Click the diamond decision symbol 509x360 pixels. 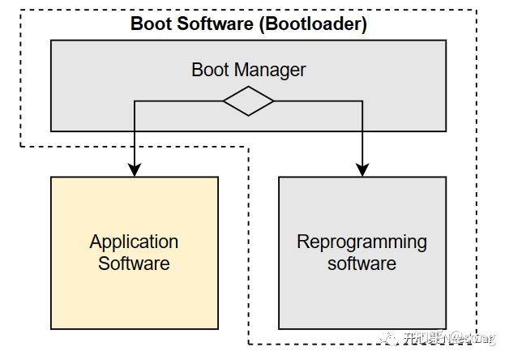pos(249,101)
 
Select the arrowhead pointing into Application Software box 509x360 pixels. pos(135,169)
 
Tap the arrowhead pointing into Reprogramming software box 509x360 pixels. pos(362,169)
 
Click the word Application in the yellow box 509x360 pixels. pos(134,242)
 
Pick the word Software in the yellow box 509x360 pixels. pos(134,264)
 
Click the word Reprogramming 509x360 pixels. pos(361,242)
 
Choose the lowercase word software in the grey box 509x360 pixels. pos(361,264)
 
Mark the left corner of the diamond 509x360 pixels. pos(225,101)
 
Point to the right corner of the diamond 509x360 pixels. pos(273,101)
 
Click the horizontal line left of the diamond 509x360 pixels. pos(178,101)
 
